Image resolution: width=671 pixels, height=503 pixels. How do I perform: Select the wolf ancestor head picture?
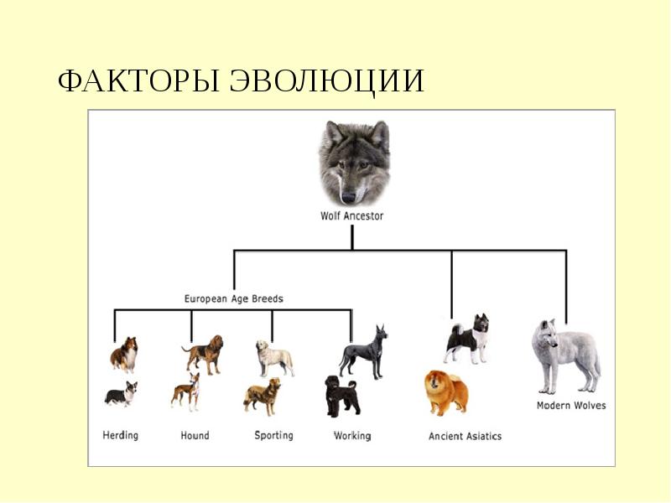point(354,162)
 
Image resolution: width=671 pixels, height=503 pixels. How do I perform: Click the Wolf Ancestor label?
point(352,215)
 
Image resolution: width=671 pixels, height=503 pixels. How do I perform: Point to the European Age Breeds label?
point(233,298)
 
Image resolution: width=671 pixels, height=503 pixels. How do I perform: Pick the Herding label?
point(121,435)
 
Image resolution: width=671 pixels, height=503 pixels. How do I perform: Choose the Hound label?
point(195,435)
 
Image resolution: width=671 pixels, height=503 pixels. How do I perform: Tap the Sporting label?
point(273,435)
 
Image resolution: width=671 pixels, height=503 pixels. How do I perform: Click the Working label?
point(352,435)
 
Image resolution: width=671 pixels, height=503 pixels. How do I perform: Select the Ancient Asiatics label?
point(465,436)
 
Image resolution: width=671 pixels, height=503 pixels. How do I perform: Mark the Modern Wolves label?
point(570,406)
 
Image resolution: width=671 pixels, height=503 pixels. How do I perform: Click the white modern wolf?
point(564,355)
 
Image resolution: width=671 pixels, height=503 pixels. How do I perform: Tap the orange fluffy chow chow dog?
point(446,392)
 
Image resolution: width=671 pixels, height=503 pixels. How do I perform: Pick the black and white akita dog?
point(466,339)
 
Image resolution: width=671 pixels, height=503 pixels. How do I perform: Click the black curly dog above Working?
point(342,396)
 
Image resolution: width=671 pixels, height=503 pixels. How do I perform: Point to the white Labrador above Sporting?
point(274,358)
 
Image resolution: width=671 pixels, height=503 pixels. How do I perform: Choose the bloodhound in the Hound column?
point(204,354)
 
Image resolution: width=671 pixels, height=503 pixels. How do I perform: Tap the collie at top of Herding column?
point(124,354)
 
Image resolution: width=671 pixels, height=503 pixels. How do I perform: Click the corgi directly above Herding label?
point(121,393)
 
